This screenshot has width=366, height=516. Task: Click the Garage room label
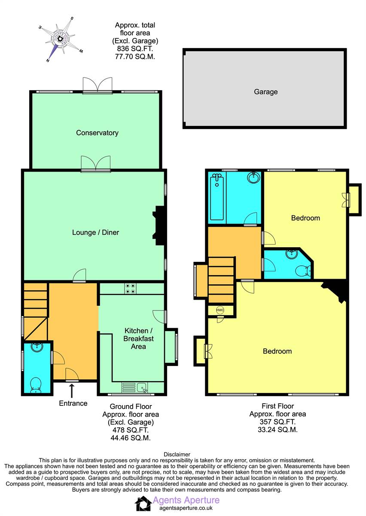265,92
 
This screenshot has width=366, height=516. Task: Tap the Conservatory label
97,133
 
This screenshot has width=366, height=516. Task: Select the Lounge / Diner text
95,233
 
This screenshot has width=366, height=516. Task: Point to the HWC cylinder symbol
220,310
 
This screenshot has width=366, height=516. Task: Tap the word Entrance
73,403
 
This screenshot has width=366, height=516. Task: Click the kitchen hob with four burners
130,289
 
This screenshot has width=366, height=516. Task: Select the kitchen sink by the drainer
142,387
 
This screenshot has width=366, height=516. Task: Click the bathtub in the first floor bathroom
217,197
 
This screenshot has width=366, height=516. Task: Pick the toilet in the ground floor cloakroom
36,385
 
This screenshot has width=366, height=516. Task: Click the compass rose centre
60,38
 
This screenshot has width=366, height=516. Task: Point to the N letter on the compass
48,60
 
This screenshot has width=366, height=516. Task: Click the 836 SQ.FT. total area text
135,49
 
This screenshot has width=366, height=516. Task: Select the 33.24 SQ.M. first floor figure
278,430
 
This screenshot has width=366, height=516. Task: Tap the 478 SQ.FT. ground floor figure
131,430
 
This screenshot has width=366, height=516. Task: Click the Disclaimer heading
177,455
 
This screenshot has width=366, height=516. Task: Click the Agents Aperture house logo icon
143,504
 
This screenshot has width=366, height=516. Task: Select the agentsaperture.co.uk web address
186,508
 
